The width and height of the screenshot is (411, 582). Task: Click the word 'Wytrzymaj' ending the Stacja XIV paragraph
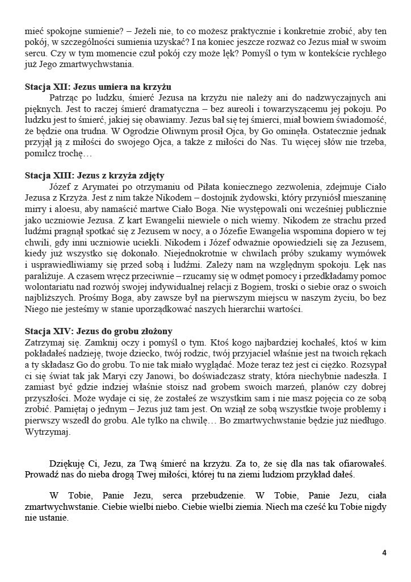48,432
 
